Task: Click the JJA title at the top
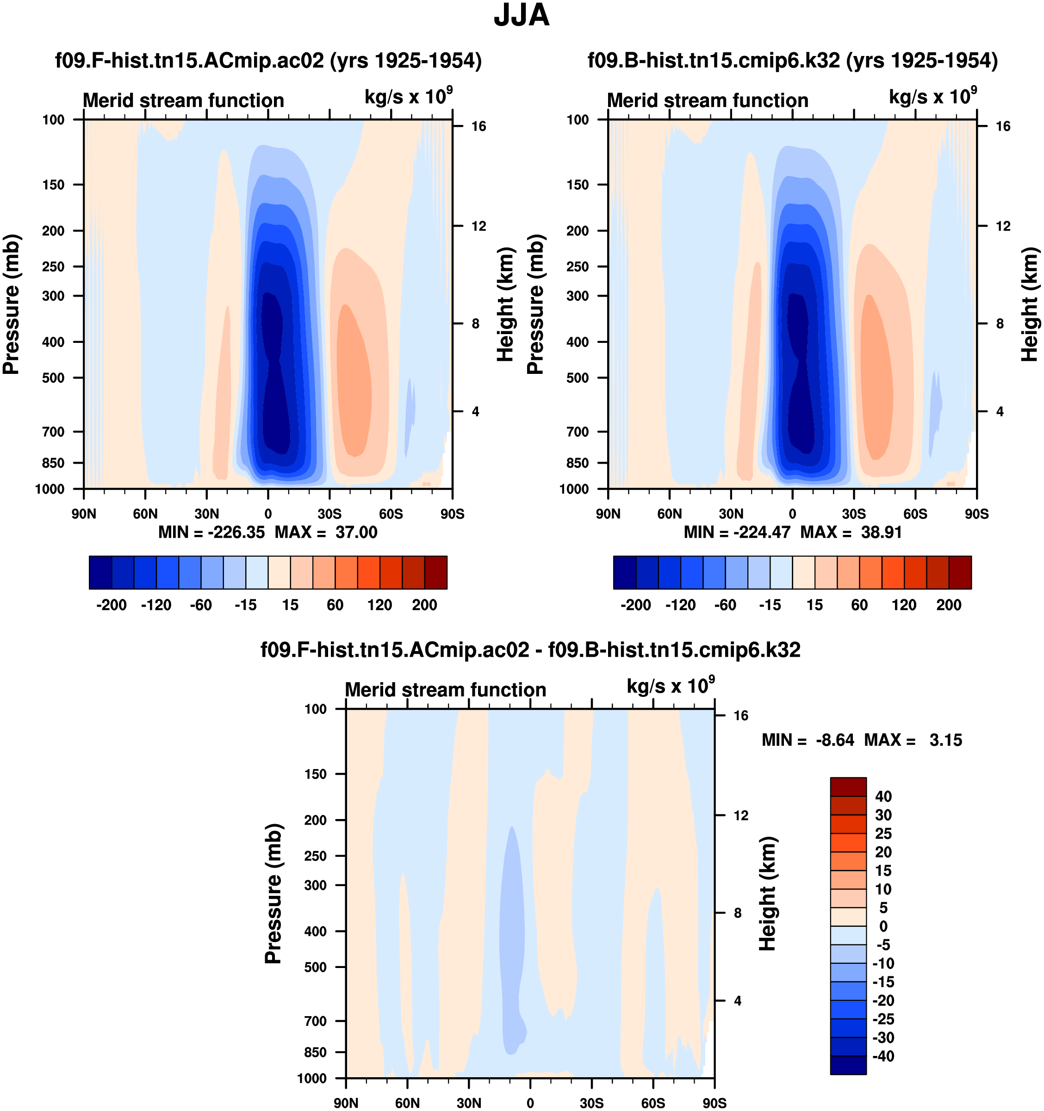tap(522, 15)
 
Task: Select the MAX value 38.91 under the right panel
tap(882, 532)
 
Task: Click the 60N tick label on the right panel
tap(670, 514)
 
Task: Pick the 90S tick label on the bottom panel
tap(714, 1103)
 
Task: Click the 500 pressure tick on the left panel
tap(54, 378)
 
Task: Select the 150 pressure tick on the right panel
tap(578, 185)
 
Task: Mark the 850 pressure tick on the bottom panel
tap(315, 1052)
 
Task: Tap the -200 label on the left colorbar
tap(111, 605)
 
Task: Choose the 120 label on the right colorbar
tap(904, 605)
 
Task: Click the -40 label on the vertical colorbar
tap(883, 1057)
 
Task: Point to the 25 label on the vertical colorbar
tap(883, 834)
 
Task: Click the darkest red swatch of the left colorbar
tap(436, 572)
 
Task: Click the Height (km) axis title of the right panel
tap(1030, 304)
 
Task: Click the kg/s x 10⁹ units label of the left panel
tap(408, 97)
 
